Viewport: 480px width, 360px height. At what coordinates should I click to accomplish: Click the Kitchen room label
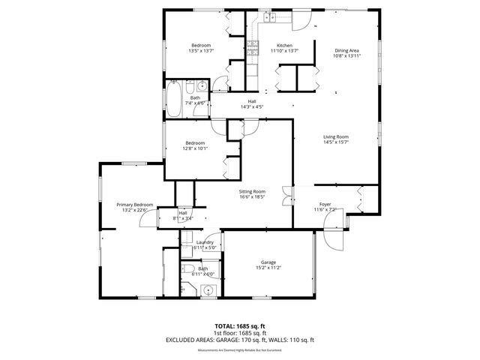pyautogui.click(x=284, y=45)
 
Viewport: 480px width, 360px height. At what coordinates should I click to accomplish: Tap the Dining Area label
pyautogui.click(x=347, y=50)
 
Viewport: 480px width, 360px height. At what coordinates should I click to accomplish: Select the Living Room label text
pyautogui.click(x=336, y=136)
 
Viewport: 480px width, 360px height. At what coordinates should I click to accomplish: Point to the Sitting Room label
pyautogui.click(x=253, y=192)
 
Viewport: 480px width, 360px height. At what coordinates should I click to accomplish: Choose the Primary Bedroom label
pyautogui.click(x=134, y=205)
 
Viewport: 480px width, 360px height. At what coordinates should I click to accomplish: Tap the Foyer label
pyautogui.click(x=325, y=204)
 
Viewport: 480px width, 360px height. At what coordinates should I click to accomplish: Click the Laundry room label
pyautogui.click(x=205, y=242)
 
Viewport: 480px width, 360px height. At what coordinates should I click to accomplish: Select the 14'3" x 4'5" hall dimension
pyautogui.click(x=252, y=107)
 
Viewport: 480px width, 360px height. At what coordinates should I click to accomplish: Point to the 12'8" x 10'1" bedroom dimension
pyautogui.click(x=195, y=148)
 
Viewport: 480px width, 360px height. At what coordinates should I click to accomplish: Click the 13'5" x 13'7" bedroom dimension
pyautogui.click(x=200, y=51)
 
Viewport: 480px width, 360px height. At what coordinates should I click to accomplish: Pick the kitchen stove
pyautogui.click(x=253, y=49)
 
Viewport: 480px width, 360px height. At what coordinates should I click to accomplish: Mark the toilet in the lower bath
pyautogui.click(x=187, y=269)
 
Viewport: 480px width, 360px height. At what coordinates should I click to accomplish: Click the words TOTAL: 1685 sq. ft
pyautogui.click(x=240, y=325)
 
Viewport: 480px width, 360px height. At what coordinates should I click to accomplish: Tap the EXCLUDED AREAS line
pyautogui.click(x=240, y=340)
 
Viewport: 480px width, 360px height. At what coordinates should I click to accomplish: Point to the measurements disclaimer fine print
pyautogui.click(x=240, y=349)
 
